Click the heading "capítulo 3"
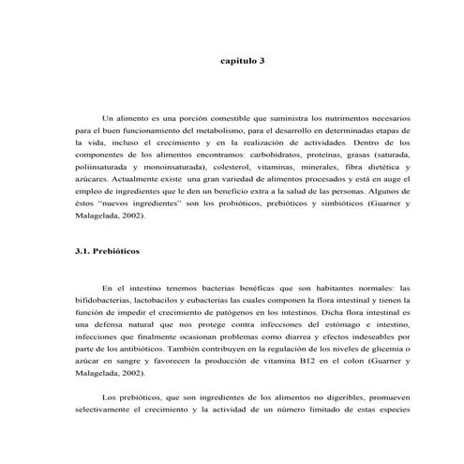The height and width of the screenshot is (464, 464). point(244,60)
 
